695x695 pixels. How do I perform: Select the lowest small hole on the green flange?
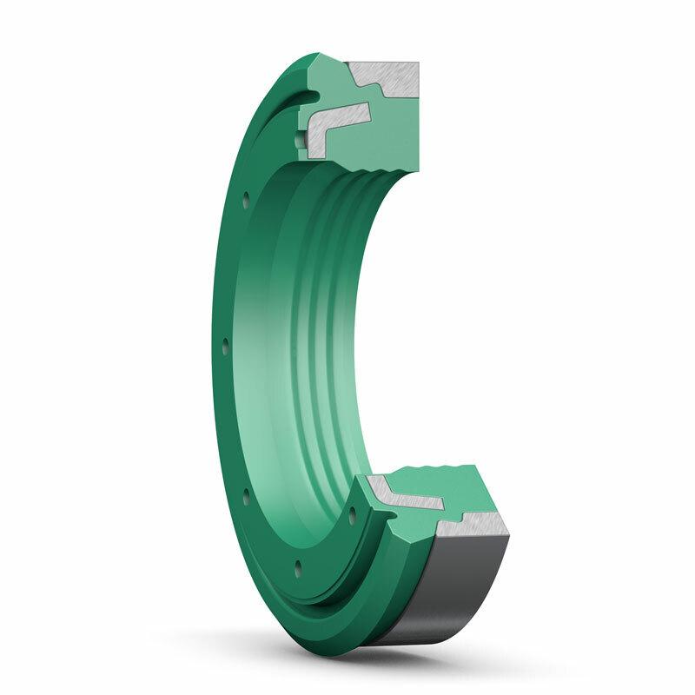pyautogui.click(x=298, y=566)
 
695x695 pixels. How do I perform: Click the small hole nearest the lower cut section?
pyautogui.click(x=351, y=512)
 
